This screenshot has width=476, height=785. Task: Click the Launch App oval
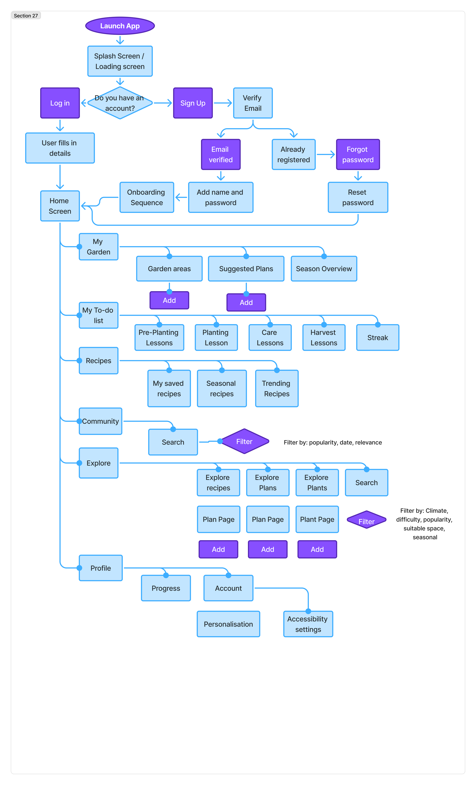120,26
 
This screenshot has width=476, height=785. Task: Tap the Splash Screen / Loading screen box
120,61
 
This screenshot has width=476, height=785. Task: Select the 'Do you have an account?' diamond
120,103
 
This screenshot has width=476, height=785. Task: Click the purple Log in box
60,103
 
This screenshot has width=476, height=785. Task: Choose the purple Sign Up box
193,103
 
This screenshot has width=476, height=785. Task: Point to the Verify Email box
253,103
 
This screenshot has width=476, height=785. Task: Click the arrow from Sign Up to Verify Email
223,103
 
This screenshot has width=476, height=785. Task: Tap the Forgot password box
358,154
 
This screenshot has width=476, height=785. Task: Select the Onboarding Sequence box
147,197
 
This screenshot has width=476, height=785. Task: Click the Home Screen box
60,206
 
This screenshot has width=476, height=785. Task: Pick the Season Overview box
324,269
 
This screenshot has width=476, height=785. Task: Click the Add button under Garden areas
169,300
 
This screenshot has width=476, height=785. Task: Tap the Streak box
378,337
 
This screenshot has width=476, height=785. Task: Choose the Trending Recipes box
276,388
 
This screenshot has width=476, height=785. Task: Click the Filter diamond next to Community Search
244,441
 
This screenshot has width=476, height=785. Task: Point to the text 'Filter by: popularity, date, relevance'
333,442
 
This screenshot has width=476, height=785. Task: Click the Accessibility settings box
308,624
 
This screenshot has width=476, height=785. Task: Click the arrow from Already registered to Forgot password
326,154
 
